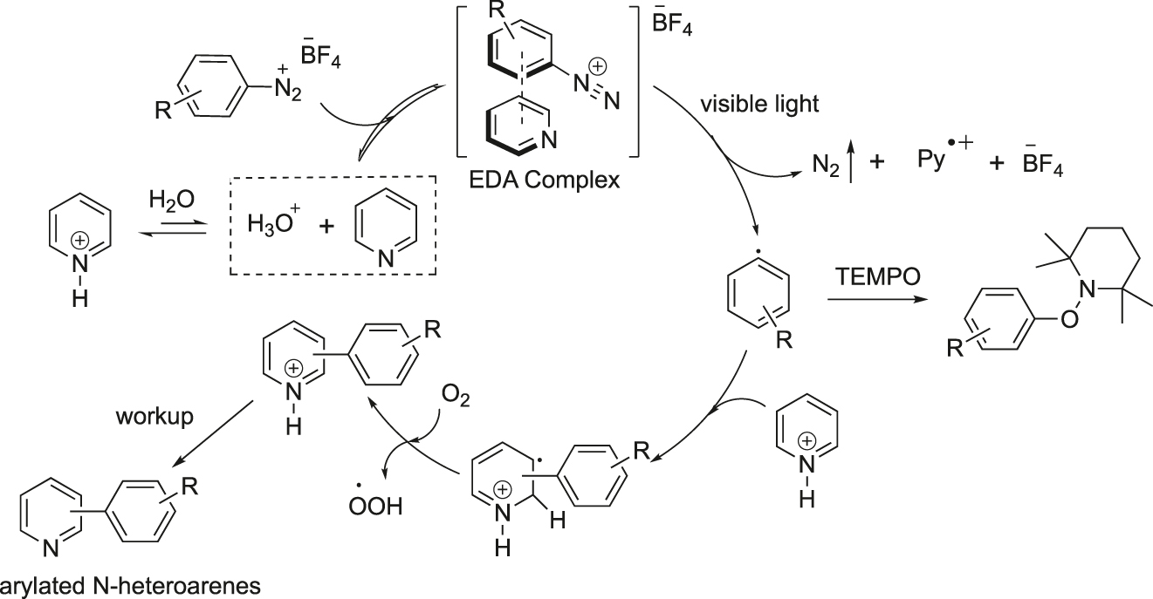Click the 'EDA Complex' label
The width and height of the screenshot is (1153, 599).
pos(544,180)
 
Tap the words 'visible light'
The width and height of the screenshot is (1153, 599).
pos(759,104)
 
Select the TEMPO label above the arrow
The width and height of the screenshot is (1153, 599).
pos(878,276)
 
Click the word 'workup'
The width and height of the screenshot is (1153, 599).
pos(154,417)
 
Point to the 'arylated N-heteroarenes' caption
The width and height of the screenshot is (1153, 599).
pos(130,586)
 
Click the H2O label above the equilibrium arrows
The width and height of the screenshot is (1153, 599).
pos(172,200)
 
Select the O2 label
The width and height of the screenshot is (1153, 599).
pos(456,397)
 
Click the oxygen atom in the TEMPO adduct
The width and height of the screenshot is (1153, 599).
pos(1069,320)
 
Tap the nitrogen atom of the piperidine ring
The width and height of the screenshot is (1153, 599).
pos(1087,289)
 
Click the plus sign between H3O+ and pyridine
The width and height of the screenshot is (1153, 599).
pos(326,226)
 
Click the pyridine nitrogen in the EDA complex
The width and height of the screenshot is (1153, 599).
pos(549,140)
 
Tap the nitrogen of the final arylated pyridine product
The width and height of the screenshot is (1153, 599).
pos(51,548)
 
